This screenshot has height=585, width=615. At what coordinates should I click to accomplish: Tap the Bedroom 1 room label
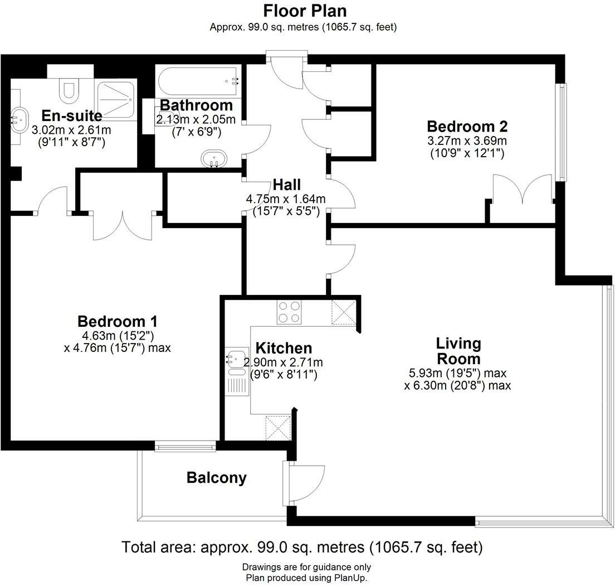click(117, 322)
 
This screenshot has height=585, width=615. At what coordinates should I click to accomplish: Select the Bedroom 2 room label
click(467, 126)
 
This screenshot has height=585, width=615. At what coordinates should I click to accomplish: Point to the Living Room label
click(458, 350)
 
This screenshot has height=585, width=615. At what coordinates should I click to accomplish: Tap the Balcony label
click(216, 477)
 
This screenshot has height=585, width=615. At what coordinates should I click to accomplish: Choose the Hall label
click(286, 185)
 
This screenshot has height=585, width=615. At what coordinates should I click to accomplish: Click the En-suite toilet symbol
click(70, 91)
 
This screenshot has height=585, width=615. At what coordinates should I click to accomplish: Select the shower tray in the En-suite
click(116, 99)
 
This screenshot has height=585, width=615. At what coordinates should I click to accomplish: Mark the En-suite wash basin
click(19, 118)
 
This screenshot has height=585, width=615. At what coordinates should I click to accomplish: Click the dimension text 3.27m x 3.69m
click(467, 141)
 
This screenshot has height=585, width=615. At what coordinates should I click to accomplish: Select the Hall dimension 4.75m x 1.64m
click(286, 199)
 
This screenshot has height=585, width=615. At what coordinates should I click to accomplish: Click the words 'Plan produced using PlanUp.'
click(306, 578)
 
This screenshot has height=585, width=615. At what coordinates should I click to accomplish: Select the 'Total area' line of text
click(302, 547)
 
